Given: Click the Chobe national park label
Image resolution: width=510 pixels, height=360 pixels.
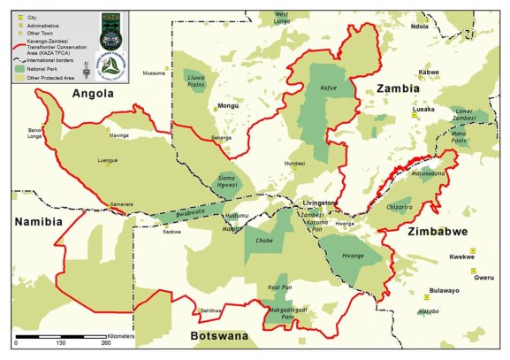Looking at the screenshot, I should pos(263,240).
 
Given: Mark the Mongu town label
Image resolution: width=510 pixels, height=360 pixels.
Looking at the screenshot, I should pos(229,106).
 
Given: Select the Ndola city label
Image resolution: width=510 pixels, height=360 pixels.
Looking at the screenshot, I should pos(420,27).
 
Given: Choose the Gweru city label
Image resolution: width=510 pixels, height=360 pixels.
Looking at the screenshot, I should pos(483,277).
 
